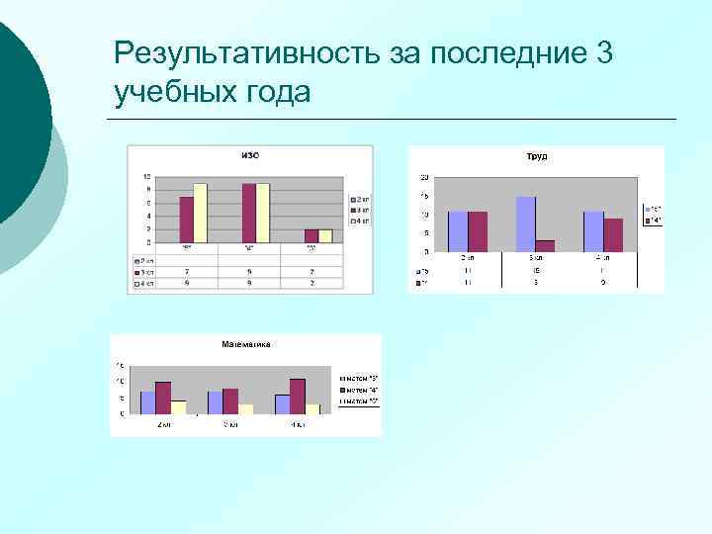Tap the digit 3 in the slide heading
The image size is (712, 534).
coord(604,53)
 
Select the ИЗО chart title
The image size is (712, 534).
coord(252,154)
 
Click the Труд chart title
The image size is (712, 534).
coord(537,156)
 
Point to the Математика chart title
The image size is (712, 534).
coord(245,344)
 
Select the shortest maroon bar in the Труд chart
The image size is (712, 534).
coord(545,246)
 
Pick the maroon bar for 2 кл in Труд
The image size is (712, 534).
coord(478,232)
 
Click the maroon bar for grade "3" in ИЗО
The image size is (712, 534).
coord(311,235)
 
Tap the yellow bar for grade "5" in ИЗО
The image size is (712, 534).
coord(200,213)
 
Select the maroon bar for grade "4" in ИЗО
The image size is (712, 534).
coord(249,213)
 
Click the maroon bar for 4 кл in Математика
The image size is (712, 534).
coord(297,397)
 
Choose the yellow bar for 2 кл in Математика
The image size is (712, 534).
coord(178,407)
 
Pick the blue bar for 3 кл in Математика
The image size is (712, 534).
coord(215,402)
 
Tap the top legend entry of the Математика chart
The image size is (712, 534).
coord(359,378)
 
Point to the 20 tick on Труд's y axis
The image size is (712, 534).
coord(424,177)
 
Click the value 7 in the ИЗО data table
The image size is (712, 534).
coord(187,272)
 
